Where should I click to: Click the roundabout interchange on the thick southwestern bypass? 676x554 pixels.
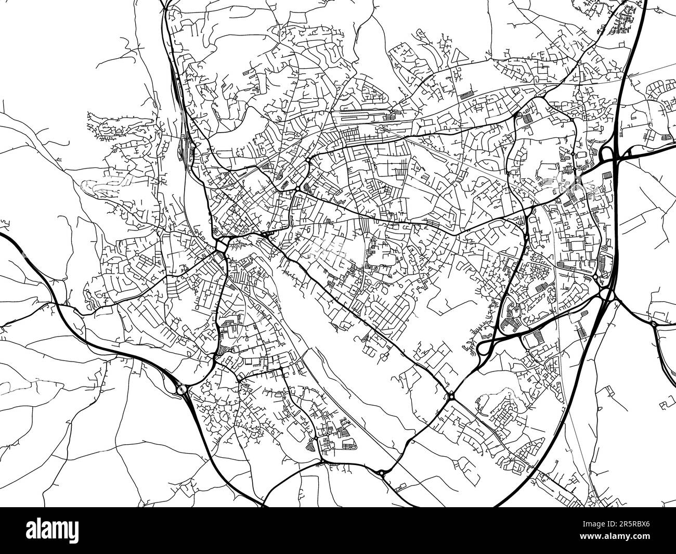pos(181,389)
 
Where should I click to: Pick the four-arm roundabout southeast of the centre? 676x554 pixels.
pos(451,396)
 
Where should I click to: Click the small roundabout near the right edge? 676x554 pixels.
pos(653,324)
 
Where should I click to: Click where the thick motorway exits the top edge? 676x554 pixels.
pos(644,3)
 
